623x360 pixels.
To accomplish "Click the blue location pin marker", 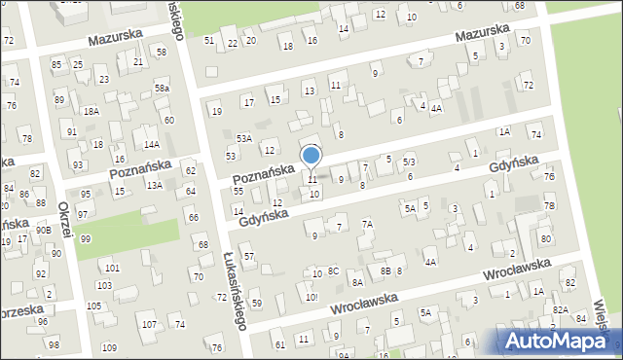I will point(311,157).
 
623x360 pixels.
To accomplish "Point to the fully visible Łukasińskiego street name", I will point(232,288).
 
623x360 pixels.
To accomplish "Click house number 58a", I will point(162,89).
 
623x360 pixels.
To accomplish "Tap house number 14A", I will point(151,144).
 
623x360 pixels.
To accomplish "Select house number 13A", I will point(154,184).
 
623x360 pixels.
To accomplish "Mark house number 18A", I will point(92,112).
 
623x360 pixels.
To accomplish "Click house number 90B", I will point(44,230).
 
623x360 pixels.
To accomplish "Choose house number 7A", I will point(368,224).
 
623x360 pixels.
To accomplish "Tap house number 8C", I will point(334,271).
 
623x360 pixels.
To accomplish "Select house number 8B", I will point(385,271).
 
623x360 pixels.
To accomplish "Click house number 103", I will point(104,285).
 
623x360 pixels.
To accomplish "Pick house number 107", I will point(149,324).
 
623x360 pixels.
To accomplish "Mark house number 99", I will point(86,239).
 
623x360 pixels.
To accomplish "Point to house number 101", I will point(112,268).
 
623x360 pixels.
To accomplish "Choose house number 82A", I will point(561,309).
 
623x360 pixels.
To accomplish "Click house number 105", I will point(93,306).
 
